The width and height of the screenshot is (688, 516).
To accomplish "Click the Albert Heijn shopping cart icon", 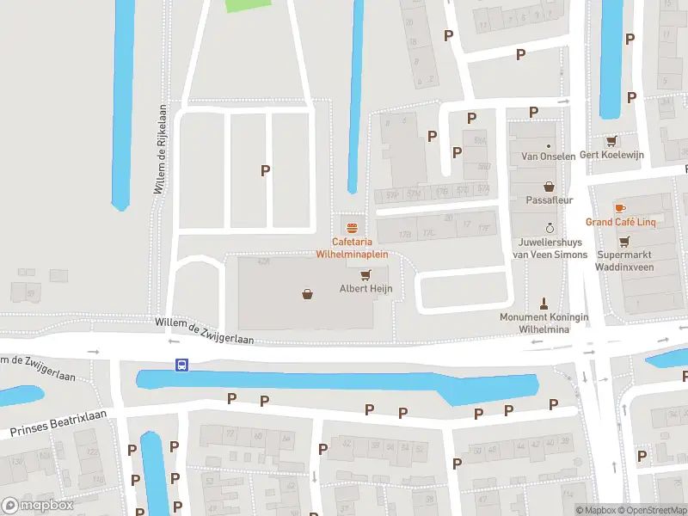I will (365, 275).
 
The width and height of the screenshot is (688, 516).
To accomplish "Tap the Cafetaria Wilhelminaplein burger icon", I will (351, 229).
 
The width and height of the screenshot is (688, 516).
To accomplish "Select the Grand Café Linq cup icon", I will (620, 208).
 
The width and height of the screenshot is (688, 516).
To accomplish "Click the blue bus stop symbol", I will (181, 365).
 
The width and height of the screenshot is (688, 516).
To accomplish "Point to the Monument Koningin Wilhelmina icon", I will (544, 303).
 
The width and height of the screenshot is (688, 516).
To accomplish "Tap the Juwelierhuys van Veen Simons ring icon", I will (550, 228).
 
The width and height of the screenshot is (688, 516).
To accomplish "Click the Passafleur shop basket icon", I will (549, 186).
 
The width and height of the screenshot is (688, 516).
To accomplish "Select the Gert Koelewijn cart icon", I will (611, 141).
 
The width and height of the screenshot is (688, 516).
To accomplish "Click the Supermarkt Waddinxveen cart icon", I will (624, 242).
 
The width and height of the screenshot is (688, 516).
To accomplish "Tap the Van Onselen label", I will (549, 157).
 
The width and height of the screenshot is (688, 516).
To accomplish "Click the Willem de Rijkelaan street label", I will (159, 150).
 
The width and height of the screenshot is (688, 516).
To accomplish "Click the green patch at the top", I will (246, 5).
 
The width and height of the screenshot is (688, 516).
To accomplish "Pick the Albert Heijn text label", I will (365, 288).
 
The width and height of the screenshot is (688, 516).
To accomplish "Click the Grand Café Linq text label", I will (621, 222).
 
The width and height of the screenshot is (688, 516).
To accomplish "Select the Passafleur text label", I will (549, 200).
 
